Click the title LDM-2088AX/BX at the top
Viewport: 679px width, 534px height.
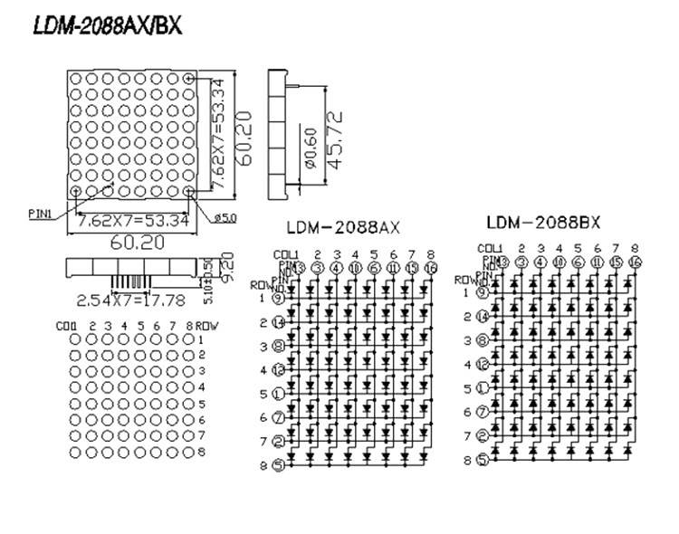click(107, 26)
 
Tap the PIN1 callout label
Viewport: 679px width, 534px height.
click(42, 215)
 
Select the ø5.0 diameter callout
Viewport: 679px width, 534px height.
click(226, 218)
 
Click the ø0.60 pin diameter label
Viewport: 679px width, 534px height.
click(310, 149)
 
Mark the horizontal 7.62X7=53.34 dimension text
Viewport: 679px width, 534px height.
click(133, 220)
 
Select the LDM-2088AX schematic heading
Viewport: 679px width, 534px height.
click(343, 228)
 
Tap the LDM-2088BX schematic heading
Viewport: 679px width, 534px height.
click(543, 223)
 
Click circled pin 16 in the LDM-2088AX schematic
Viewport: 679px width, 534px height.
click(431, 268)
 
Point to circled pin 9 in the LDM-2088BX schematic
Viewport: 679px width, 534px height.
click(483, 292)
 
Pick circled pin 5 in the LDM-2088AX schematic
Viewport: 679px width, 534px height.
click(279, 464)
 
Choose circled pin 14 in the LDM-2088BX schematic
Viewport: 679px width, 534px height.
click(483, 317)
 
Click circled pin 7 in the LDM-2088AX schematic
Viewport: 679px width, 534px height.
click(279, 417)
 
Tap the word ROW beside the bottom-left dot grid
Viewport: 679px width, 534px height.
click(206, 326)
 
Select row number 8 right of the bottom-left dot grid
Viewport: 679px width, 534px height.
click(202, 451)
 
